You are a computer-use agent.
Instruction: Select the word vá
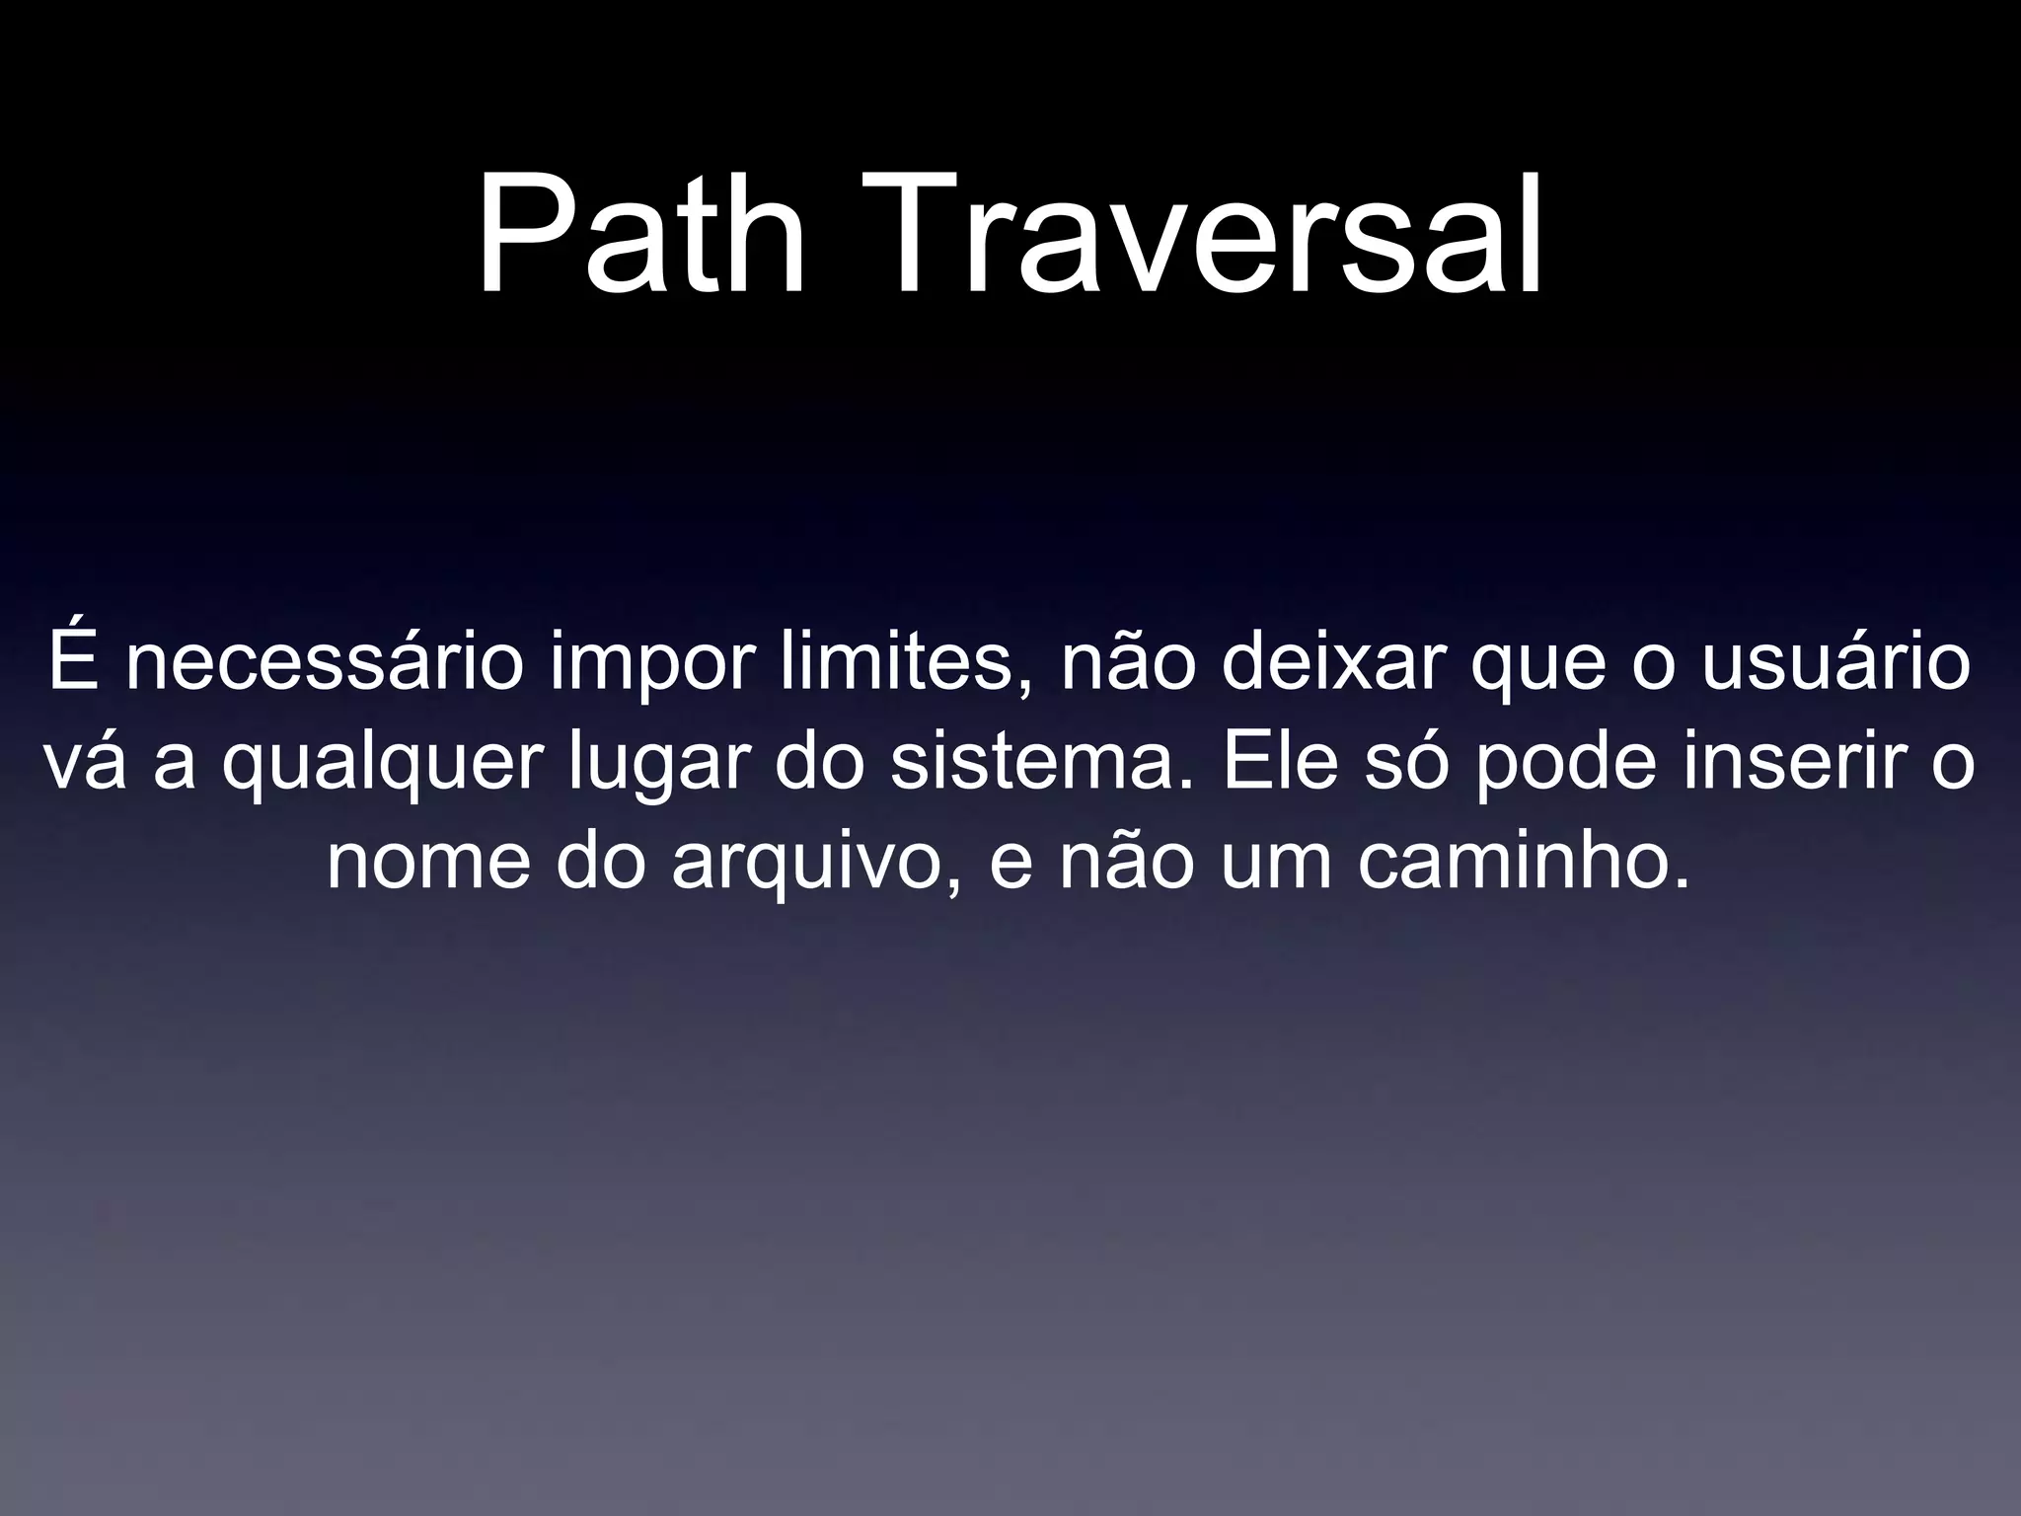click(x=85, y=764)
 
